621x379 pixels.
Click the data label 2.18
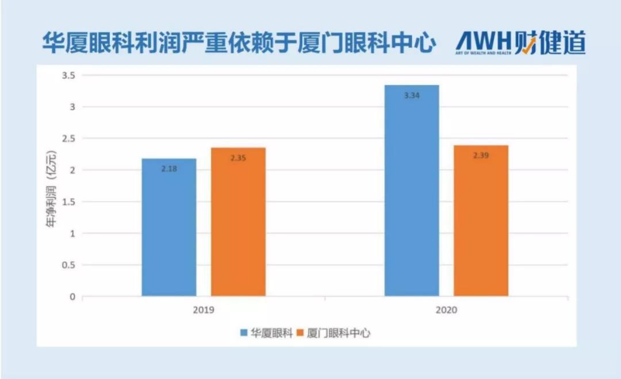pyautogui.click(x=169, y=169)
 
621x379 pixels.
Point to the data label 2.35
pyautogui.click(x=238, y=158)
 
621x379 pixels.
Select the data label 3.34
pyautogui.click(x=412, y=96)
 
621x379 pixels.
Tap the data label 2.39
pyautogui.click(x=481, y=156)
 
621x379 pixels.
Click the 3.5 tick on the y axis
pyautogui.click(x=68, y=75)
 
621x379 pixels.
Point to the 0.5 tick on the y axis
pyautogui.click(x=68, y=265)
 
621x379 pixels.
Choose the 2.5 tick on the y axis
pyautogui.click(x=68, y=138)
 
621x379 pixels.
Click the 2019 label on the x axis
pyautogui.click(x=204, y=311)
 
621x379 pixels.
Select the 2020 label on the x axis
pyautogui.click(x=446, y=311)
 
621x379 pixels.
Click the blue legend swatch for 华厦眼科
pyautogui.click(x=244, y=333)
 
